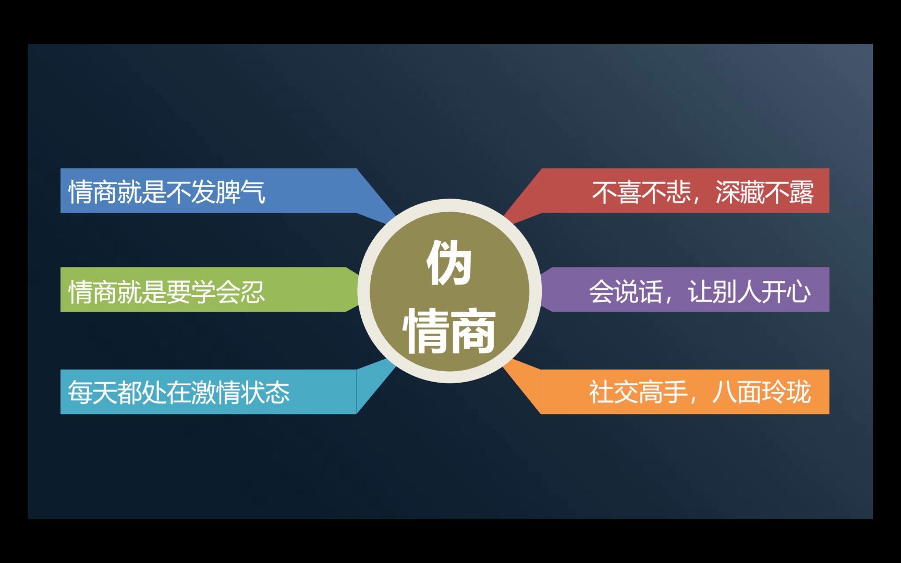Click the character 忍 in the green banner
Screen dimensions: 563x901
tap(252, 291)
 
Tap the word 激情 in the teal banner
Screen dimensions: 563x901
tap(215, 393)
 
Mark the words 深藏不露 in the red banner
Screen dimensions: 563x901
tap(764, 192)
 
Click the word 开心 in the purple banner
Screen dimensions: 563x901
tap(786, 291)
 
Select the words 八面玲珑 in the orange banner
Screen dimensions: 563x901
tap(762, 392)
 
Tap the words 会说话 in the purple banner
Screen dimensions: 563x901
tap(625, 291)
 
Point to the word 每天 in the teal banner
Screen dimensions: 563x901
tap(92, 393)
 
